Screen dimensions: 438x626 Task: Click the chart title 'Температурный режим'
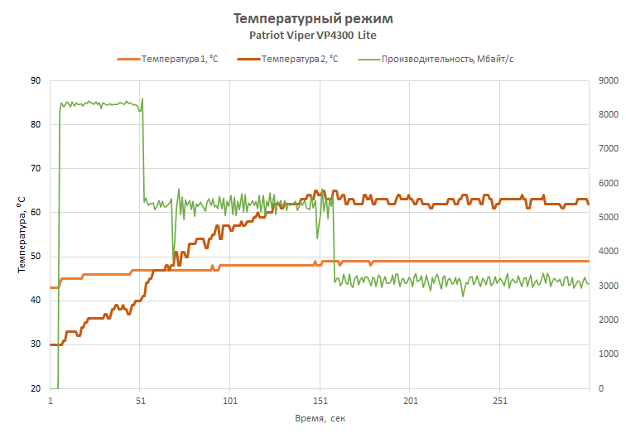(313, 18)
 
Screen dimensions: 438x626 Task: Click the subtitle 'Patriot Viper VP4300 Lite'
(313, 36)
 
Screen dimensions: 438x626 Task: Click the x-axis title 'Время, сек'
(320, 418)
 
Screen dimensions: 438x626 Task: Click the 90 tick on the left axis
(35, 81)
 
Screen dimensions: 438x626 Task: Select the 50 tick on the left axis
(35, 257)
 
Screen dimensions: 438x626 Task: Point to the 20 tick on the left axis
(35, 388)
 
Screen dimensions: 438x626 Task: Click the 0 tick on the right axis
(600, 388)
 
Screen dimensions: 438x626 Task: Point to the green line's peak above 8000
(142, 99)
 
